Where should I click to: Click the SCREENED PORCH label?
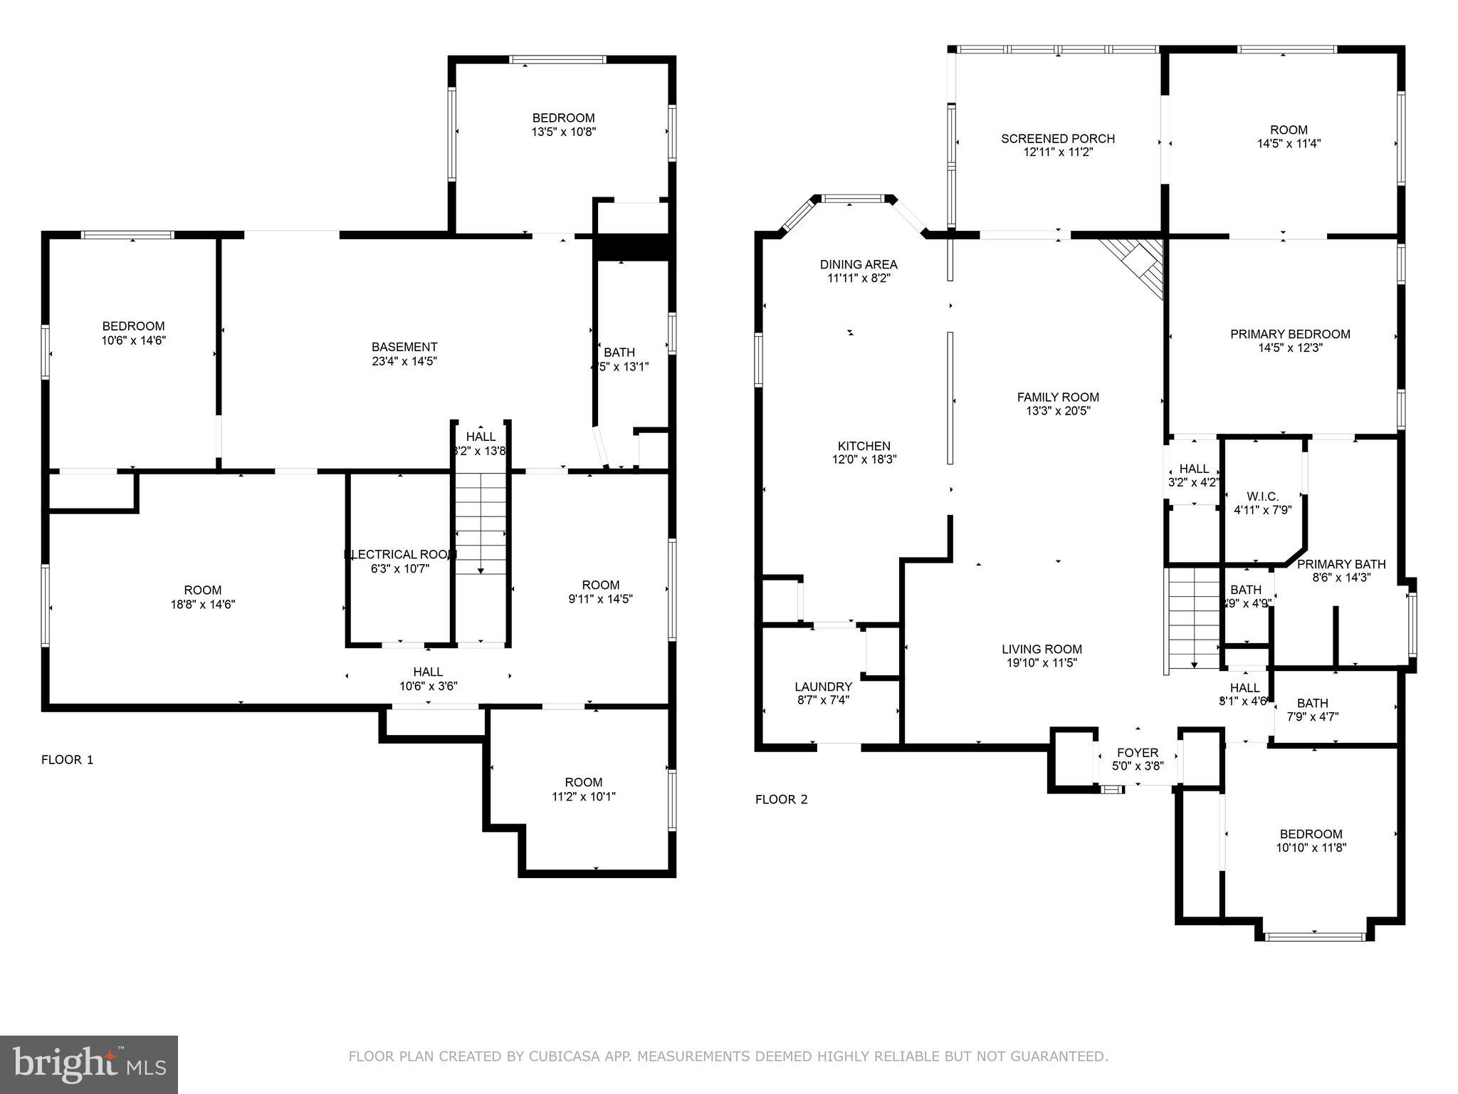click(x=1057, y=138)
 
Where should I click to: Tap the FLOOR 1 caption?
click(x=67, y=759)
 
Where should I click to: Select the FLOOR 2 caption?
click(x=781, y=799)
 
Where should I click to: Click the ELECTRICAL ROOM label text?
click(x=400, y=554)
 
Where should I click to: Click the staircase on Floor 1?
click(x=481, y=523)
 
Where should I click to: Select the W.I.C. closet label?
click(x=1262, y=496)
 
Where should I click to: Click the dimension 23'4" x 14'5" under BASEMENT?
click(x=404, y=361)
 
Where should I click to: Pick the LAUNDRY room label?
click(x=823, y=687)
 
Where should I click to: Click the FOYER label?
click(x=1137, y=753)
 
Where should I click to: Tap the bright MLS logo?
click(x=88, y=1064)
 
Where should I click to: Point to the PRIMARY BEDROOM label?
click(x=1289, y=334)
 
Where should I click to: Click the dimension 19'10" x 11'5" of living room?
click(x=1042, y=662)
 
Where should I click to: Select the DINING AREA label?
click(x=858, y=264)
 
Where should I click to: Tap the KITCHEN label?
click(x=864, y=446)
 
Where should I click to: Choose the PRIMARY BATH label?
click(x=1341, y=564)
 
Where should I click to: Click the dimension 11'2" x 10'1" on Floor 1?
click(x=583, y=796)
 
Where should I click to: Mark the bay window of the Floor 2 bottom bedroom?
click(x=1314, y=936)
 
